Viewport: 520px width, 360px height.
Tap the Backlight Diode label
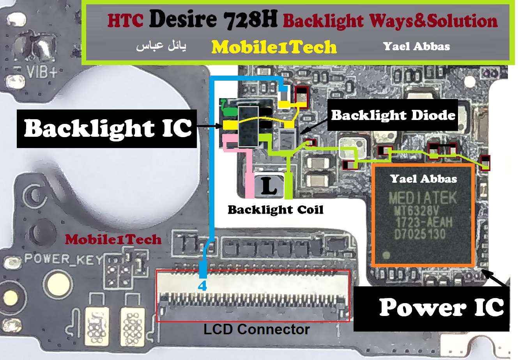393,115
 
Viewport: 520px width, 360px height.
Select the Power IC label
441,307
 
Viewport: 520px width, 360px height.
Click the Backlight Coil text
276,210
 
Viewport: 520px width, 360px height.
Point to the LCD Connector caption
256,330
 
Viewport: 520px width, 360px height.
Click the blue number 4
202,286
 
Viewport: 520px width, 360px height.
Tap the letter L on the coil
269,186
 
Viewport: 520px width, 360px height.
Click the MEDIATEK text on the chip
423,198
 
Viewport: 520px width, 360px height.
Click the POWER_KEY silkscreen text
64,259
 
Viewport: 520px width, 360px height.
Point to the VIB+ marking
42,72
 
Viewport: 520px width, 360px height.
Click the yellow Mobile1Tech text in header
274,48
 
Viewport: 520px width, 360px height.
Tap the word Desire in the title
182,19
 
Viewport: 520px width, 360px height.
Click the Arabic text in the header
161,47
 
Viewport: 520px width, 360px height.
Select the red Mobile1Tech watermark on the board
113,239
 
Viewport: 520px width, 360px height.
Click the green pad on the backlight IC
230,112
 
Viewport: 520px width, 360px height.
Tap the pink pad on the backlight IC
229,139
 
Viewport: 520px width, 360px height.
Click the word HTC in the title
126,21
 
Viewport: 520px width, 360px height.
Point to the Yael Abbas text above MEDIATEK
423,179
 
